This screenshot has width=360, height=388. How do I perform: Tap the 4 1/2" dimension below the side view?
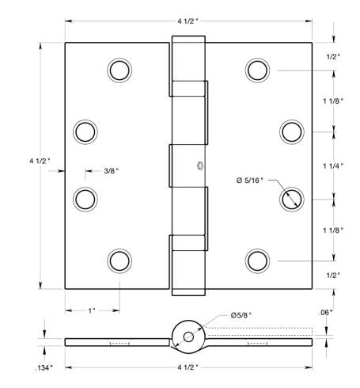[x=188, y=367]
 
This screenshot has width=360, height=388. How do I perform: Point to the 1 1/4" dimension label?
[x=333, y=165]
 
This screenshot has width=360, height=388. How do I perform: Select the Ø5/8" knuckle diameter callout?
[x=242, y=316]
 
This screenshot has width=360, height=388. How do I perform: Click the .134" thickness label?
[x=45, y=368]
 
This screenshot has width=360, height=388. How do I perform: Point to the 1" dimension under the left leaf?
[x=92, y=310]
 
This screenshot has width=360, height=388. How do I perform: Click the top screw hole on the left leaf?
[x=119, y=70]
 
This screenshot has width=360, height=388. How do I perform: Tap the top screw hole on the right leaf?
[x=257, y=70]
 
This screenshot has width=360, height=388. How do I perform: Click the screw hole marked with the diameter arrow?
[x=292, y=197]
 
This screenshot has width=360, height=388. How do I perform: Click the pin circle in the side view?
[x=188, y=336]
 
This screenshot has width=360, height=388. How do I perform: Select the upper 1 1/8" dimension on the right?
[x=333, y=101]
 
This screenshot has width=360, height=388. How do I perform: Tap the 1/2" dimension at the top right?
[x=333, y=56]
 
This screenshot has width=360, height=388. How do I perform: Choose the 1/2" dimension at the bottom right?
[x=333, y=275]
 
